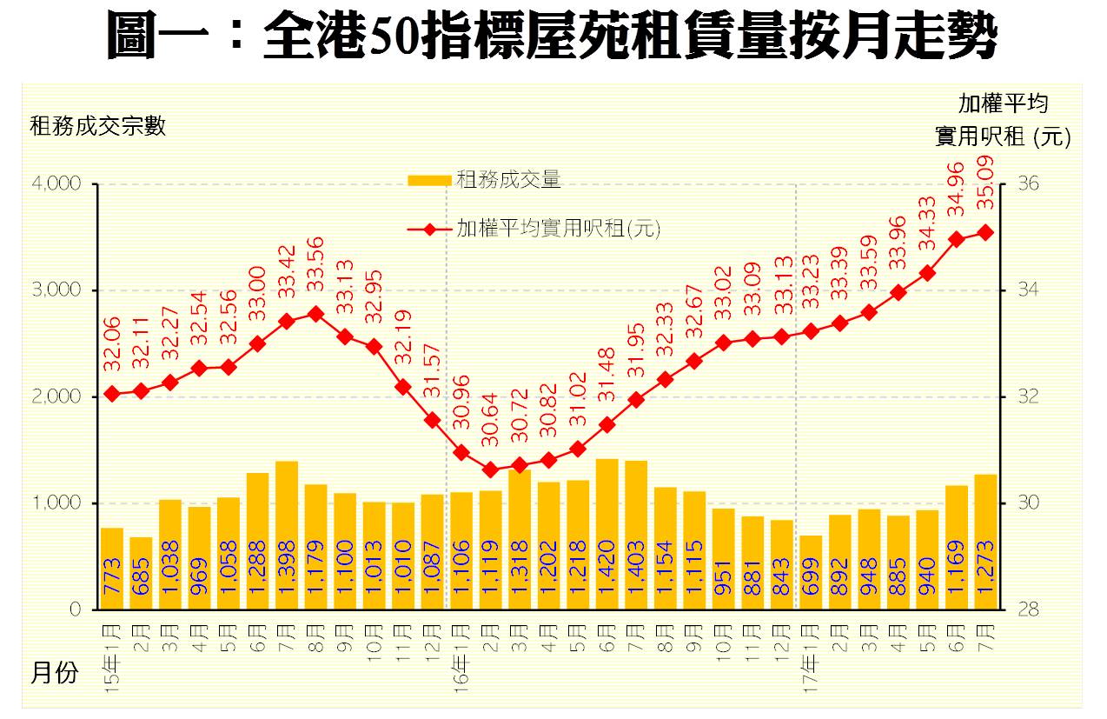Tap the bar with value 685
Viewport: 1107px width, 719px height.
(x=141, y=573)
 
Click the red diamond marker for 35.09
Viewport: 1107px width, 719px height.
(x=985, y=232)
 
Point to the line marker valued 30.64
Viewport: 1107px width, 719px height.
(x=490, y=469)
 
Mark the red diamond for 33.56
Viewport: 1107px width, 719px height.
(x=315, y=314)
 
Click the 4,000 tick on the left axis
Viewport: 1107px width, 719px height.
(x=57, y=184)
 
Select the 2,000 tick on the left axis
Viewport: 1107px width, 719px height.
(x=57, y=396)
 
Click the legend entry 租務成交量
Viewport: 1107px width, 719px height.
(x=508, y=180)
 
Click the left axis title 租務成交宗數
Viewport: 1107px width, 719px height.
(x=98, y=127)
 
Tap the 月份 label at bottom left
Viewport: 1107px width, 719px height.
(x=55, y=672)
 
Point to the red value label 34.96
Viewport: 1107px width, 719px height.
(x=956, y=189)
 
